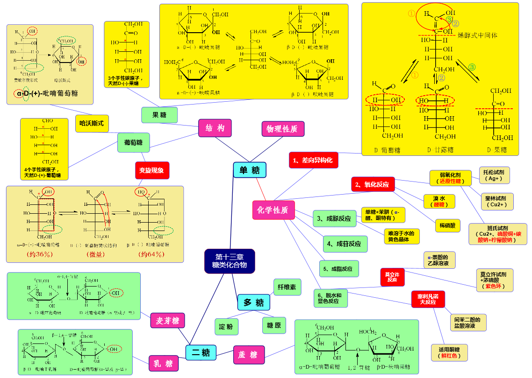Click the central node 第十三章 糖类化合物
pos(230,261)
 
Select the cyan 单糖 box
pos(250,170)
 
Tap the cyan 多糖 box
pos(254,303)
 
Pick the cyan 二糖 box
pos(201,352)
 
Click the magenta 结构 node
pos(215,128)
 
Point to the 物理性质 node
pos(282,128)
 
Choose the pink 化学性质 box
pos(273,210)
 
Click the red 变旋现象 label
pos(151,170)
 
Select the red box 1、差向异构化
pos(313,160)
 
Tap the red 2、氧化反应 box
pos(373,184)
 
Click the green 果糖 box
pos(159,114)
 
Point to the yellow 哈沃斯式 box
pos(92,123)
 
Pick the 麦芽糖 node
pos(167,321)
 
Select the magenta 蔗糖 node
pos(248,355)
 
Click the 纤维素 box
pos(287,287)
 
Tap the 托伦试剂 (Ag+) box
pos(494,175)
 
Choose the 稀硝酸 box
pos(447,226)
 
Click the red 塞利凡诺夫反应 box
pos(428,299)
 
